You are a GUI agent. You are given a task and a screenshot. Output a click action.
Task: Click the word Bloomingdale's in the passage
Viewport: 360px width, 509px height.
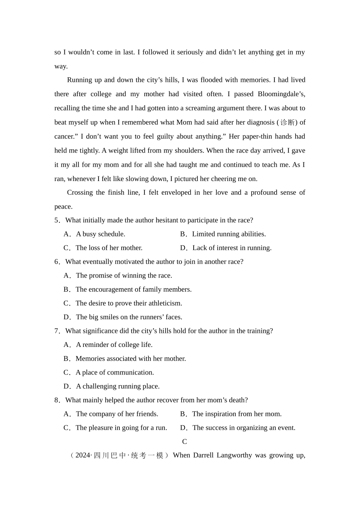(x=281, y=94)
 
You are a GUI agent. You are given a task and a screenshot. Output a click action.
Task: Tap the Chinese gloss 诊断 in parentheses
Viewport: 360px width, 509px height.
(x=287, y=122)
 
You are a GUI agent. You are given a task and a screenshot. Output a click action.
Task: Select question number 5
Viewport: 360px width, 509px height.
(x=57, y=220)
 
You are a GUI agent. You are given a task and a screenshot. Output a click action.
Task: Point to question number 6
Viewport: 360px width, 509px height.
(x=57, y=262)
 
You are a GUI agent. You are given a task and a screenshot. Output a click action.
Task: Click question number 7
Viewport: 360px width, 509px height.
(x=57, y=331)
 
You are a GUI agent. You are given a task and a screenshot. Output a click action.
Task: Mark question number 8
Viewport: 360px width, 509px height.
(x=57, y=400)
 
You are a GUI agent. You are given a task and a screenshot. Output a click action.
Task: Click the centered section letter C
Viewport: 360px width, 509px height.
(x=185, y=442)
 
